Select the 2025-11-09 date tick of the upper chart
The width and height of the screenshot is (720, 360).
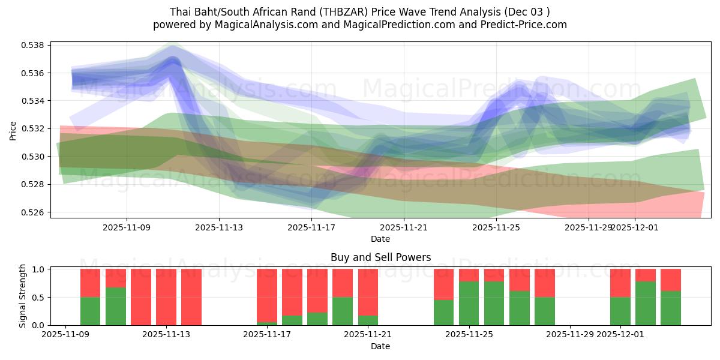[x=127, y=228]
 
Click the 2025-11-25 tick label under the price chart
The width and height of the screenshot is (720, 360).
[x=496, y=228]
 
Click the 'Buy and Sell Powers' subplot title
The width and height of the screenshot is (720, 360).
[x=380, y=257]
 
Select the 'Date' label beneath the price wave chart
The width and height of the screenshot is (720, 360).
[x=380, y=239]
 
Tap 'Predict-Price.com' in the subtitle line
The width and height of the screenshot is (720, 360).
[x=523, y=25]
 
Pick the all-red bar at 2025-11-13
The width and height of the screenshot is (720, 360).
[x=166, y=297]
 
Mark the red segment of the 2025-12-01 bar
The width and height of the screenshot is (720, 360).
[x=620, y=283]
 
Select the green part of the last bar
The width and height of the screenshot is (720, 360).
[x=671, y=308]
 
